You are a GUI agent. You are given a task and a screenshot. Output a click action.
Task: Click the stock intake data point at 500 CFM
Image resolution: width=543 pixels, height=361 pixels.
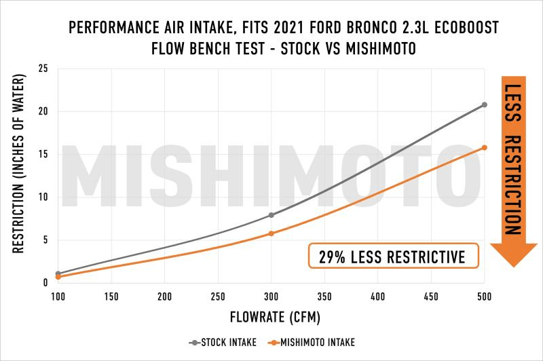click(484, 104)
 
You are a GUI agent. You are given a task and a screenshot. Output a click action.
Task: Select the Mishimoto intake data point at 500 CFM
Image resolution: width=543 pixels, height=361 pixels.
click(484, 147)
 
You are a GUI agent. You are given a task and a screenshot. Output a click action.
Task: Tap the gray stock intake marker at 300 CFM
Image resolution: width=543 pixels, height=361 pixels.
click(271, 215)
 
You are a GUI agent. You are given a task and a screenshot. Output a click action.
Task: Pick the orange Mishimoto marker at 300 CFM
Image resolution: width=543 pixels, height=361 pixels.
click(271, 233)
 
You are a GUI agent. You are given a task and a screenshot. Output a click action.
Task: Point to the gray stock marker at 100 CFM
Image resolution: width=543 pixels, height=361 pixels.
click(58, 273)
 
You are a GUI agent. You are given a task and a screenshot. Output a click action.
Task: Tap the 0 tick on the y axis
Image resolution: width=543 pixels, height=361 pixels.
click(45, 283)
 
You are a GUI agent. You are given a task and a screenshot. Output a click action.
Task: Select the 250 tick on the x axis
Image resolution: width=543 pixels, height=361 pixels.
click(218, 297)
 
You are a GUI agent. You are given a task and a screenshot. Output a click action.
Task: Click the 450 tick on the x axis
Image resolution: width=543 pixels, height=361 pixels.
click(431, 297)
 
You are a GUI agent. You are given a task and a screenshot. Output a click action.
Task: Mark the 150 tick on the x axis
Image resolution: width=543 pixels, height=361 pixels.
click(111, 297)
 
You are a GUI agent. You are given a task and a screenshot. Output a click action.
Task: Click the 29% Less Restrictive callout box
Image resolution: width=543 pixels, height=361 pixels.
click(393, 256)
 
